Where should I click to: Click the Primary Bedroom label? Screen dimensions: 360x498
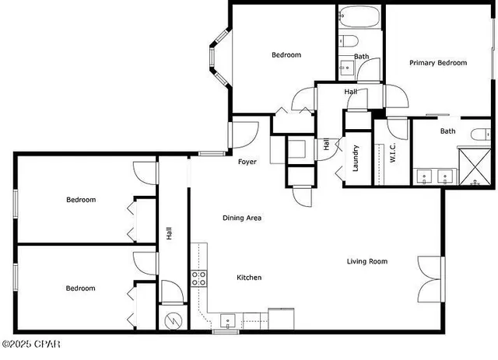tap(438, 63)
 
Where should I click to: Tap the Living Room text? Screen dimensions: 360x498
tap(366, 261)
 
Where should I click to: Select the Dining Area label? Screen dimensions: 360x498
tap(242, 218)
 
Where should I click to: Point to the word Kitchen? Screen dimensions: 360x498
tap(249, 278)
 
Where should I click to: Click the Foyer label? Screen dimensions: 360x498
tap(247, 162)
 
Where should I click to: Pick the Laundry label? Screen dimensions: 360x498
tap(355, 158)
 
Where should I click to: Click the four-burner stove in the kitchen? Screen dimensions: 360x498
tap(199, 278)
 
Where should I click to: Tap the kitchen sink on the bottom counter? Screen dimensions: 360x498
tap(229, 320)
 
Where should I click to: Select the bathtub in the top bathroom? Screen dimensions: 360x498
tap(359, 17)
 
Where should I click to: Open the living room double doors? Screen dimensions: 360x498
tap(430, 279)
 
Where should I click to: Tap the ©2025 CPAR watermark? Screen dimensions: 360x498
tap(31, 344)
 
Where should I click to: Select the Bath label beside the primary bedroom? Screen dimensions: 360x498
tap(447, 131)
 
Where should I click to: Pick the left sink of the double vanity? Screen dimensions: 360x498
tap(425, 175)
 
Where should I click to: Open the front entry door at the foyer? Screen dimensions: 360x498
tap(243, 134)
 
